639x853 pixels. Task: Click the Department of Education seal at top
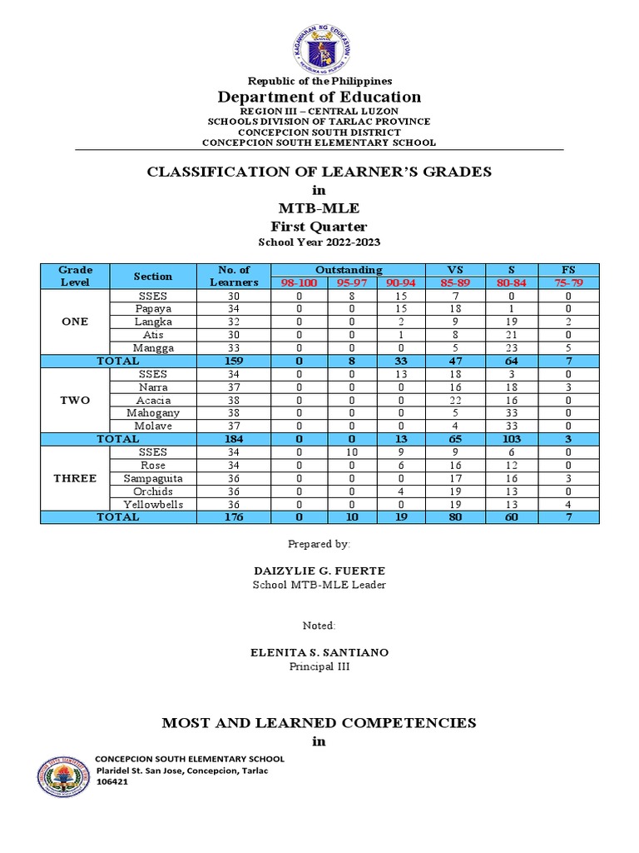coord(319,48)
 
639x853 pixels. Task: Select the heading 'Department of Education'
coord(319,97)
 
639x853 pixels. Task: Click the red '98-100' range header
coord(299,282)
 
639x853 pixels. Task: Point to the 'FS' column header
coord(568,270)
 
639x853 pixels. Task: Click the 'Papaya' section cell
coord(152,308)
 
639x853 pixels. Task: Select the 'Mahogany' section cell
coord(152,412)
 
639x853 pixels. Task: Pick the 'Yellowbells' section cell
coord(152,504)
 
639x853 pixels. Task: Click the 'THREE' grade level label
coord(75,478)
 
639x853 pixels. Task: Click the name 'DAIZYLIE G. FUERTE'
coord(319,571)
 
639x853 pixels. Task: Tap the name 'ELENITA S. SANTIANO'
coord(319,653)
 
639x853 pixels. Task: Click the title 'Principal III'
coord(319,667)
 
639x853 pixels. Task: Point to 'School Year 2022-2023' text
coord(319,242)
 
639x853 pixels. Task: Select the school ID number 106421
coord(112,783)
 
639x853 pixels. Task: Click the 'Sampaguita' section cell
coord(152,478)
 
